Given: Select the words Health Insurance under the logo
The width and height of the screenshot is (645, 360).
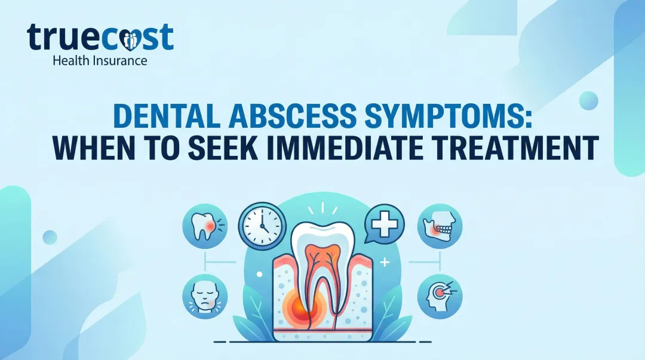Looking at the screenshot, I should pos(99,60).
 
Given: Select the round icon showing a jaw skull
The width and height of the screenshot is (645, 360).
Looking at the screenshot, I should pos(440,226).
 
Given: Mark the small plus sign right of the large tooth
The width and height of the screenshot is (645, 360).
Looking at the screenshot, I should pos(384,261).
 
